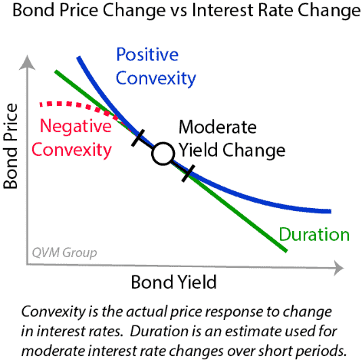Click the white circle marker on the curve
tap(163, 154)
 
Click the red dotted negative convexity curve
tap(77, 105)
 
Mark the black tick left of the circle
tap(140, 138)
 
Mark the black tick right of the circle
tap(188, 173)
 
